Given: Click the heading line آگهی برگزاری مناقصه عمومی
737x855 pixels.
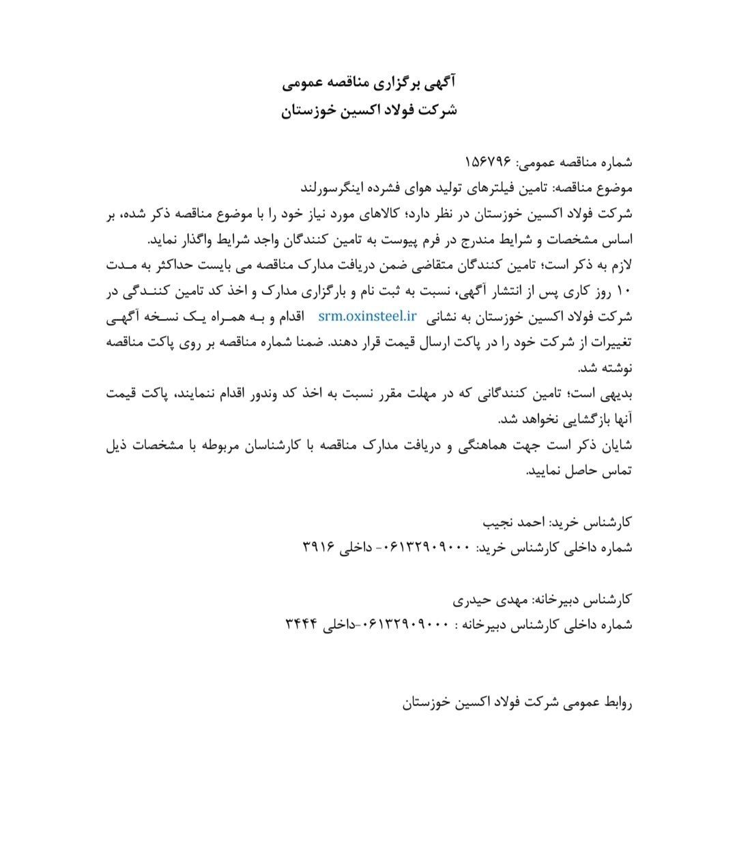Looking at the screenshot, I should tap(369, 83).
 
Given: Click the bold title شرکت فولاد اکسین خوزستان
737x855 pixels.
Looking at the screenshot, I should tap(369, 110).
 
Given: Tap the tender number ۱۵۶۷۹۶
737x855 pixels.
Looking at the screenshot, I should tap(487, 163).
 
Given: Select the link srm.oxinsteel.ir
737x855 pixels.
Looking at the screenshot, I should tap(367, 316).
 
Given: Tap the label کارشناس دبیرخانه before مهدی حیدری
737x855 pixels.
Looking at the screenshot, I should tap(583, 600).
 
